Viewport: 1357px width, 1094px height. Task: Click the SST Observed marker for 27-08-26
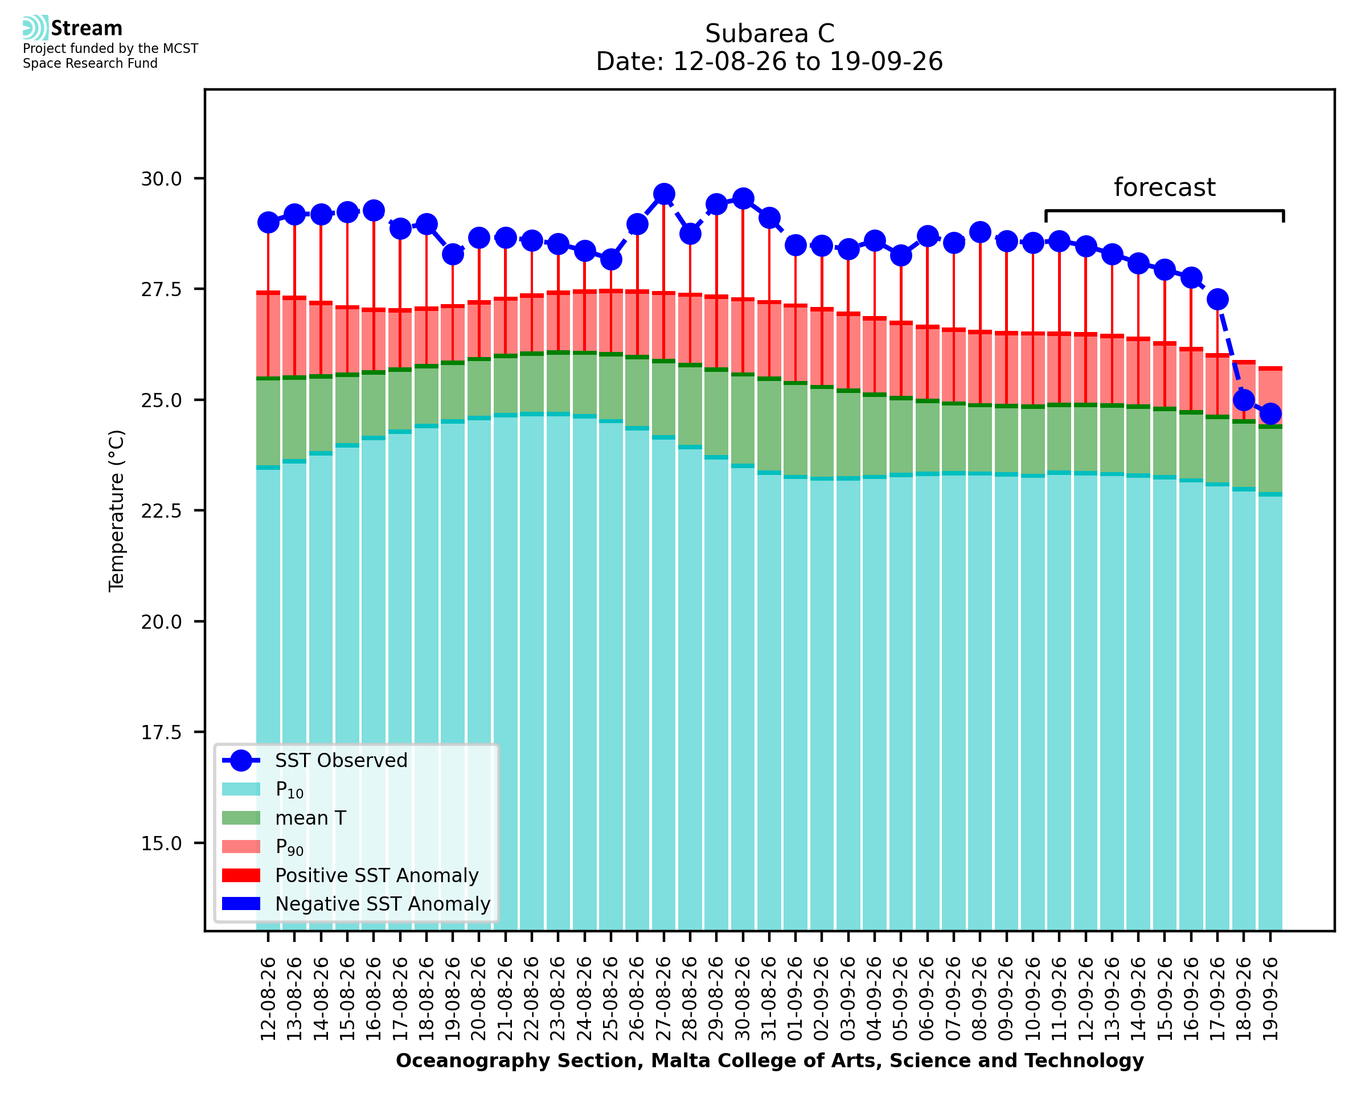pyautogui.click(x=663, y=194)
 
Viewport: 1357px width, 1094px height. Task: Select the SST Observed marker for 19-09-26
pyautogui.click(x=1270, y=414)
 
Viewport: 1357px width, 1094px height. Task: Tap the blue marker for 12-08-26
pyautogui.click(x=268, y=223)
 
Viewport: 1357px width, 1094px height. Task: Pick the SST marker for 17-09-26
pyautogui.click(x=1217, y=300)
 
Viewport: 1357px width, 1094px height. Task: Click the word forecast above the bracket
pyautogui.click(x=1164, y=187)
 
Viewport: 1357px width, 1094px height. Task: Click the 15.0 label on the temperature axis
pyautogui.click(x=161, y=843)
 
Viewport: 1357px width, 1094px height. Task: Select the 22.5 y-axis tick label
pyautogui.click(x=161, y=511)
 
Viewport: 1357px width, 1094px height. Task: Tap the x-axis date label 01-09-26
pyautogui.click(x=796, y=999)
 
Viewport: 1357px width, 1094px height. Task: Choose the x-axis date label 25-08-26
pyautogui.click(x=611, y=999)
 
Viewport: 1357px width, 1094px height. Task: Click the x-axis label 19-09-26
pyautogui.click(x=1270, y=999)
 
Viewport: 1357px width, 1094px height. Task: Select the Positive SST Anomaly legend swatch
pyautogui.click(x=241, y=875)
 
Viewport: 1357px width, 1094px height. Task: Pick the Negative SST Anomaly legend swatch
pyautogui.click(x=241, y=904)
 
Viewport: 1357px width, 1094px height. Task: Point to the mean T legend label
pyautogui.click(x=310, y=818)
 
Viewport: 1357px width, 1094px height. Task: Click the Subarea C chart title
pyautogui.click(x=769, y=34)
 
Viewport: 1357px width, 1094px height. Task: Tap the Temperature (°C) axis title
pyautogui.click(x=117, y=510)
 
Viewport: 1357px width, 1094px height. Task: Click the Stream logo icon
pyautogui.click(x=35, y=28)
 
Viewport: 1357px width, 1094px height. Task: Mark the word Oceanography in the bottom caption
pyautogui.click(x=464, y=1061)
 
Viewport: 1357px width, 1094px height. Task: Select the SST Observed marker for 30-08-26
pyautogui.click(x=743, y=199)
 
